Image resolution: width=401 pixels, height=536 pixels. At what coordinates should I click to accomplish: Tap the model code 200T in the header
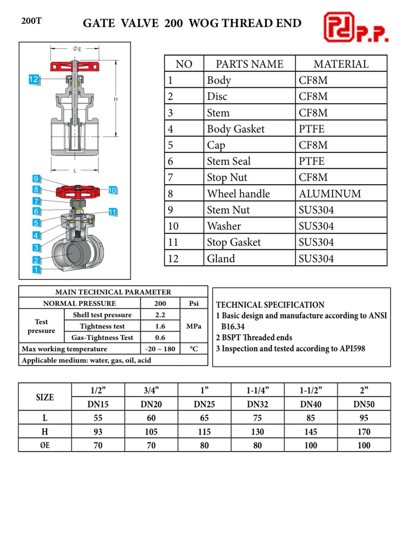[32, 21]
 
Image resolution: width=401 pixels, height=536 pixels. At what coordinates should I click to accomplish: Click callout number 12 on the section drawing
[33, 79]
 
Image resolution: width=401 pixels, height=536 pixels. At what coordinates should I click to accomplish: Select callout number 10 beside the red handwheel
[112, 190]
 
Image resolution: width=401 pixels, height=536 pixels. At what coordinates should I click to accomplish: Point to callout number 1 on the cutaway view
[36, 270]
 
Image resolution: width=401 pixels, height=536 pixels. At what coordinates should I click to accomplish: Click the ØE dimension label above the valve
[77, 49]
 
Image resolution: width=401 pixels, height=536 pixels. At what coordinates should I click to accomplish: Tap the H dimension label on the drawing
[116, 99]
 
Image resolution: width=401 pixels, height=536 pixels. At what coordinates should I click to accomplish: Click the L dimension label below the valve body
[75, 171]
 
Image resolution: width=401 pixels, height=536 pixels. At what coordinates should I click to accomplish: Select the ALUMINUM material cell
[329, 193]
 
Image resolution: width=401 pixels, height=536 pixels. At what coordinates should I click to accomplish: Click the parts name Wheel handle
[238, 193]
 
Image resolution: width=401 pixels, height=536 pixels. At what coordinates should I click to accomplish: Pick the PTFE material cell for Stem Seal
[311, 161]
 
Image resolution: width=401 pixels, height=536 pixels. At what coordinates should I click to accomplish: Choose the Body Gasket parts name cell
[236, 129]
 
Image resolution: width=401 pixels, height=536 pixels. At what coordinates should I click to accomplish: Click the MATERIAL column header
[341, 64]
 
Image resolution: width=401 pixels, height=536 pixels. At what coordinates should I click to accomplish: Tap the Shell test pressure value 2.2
[160, 315]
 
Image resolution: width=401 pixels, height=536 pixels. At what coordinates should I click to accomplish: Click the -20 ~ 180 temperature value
[160, 349]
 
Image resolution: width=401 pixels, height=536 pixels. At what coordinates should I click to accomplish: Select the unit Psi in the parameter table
[194, 303]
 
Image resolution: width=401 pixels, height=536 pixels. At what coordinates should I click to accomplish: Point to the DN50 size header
[364, 404]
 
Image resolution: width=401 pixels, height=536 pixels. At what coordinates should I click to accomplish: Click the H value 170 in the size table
[364, 432]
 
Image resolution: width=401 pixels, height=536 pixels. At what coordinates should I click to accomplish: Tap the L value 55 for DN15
[98, 418]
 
